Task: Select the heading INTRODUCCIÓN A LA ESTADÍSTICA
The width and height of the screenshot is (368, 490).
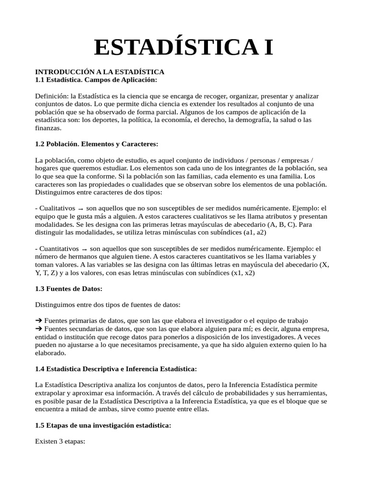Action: pos(100,71)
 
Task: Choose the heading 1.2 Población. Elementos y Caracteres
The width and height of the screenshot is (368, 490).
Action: pos(96,144)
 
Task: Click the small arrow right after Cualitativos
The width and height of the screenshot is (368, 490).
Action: pos(80,209)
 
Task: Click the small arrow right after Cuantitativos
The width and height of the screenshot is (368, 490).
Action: pos(84,249)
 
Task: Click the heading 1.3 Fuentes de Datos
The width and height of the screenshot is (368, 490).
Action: pos(69,289)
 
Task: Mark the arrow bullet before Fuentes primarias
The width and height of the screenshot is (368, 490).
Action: pos(39,321)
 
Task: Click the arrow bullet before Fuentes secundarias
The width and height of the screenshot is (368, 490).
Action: pos(39,329)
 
